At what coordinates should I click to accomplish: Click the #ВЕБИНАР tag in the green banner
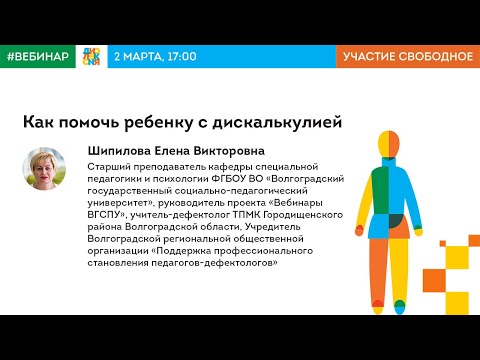[37, 57]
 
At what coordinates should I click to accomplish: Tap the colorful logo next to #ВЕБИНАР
[90, 57]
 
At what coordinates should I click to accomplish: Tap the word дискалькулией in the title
[289, 122]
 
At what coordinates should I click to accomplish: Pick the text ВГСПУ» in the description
[112, 212]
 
